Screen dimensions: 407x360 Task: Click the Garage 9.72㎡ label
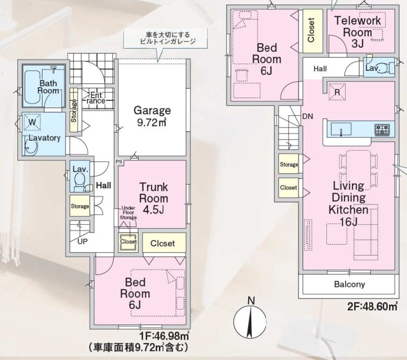tap(152, 116)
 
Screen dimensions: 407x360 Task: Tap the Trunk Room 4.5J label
tap(154, 198)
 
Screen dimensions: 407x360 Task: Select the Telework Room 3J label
tap(357, 32)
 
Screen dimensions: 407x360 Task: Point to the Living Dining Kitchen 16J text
tap(349, 204)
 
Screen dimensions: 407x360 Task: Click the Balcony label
tap(349, 284)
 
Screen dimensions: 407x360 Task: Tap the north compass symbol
tap(250, 320)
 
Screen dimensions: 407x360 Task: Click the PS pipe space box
tap(119, 162)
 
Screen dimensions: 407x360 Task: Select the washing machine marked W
tap(32, 122)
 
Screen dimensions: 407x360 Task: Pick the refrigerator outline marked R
tap(337, 92)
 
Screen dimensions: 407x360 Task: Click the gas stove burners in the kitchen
tap(382, 129)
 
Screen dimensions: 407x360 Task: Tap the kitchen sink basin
tap(341, 129)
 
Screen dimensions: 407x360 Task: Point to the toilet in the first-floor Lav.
tap(79, 181)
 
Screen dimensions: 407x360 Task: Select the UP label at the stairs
tap(82, 241)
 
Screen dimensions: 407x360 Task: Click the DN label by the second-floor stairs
tap(307, 117)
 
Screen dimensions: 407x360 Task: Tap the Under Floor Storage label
tap(128, 213)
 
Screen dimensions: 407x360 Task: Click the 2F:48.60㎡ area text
tap(372, 306)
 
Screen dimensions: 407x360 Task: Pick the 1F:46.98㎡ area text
tap(165, 336)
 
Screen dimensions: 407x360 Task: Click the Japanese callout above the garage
tap(165, 38)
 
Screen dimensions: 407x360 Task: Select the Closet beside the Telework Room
tap(312, 30)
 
